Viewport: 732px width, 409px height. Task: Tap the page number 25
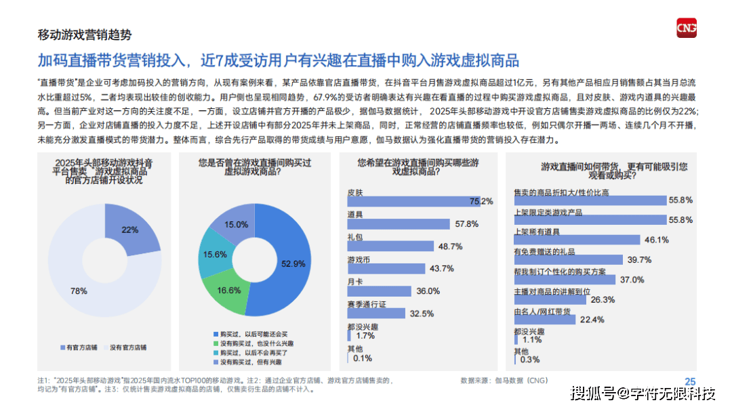click(690, 381)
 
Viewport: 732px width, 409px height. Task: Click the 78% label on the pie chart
click(79, 290)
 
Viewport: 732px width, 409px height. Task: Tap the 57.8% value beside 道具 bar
click(467, 223)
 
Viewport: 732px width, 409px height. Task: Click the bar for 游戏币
click(386, 268)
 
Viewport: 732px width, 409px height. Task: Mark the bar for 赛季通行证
click(375, 313)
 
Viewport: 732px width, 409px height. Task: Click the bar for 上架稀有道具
click(577, 239)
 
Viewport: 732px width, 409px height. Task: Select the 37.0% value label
click(632, 280)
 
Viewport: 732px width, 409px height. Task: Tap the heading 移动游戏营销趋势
click(84, 35)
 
